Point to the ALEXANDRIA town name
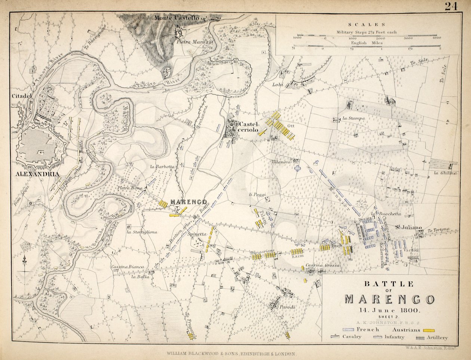(36, 174)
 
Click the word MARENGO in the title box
(390, 299)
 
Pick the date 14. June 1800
(390, 310)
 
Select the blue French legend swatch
(349, 330)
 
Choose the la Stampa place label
(353, 119)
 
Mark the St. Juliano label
(409, 227)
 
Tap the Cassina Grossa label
(322, 265)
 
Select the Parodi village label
(288, 307)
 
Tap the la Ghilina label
(445, 173)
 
